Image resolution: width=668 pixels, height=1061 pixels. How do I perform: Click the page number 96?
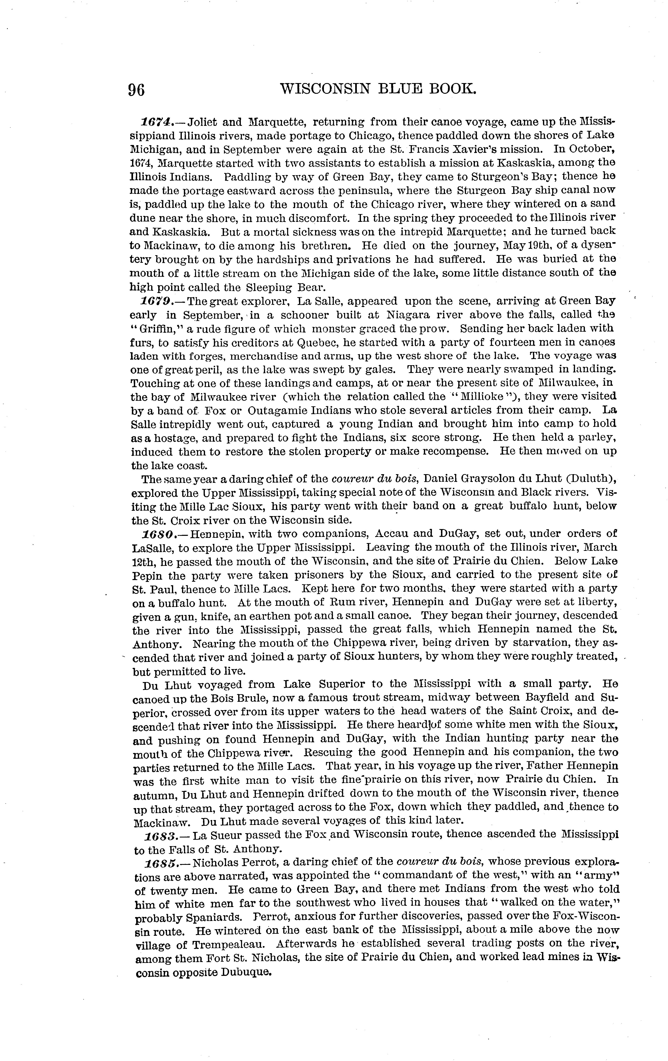[x=136, y=90]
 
